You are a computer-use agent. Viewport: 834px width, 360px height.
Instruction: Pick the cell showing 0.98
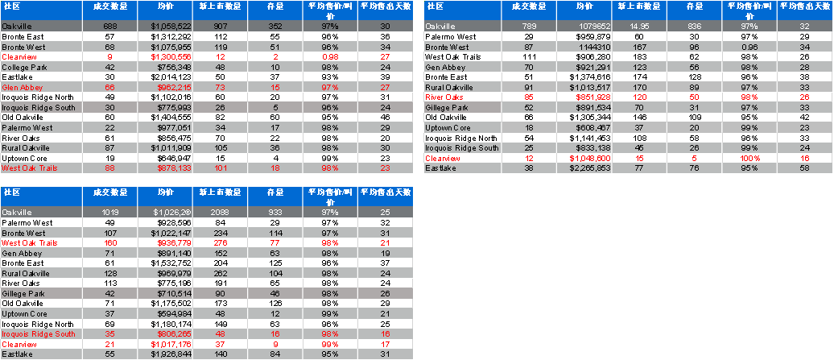(x=329, y=57)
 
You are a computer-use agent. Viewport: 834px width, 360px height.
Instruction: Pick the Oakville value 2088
(x=221, y=212)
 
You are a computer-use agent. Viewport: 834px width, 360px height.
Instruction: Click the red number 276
(x=221, y=242)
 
